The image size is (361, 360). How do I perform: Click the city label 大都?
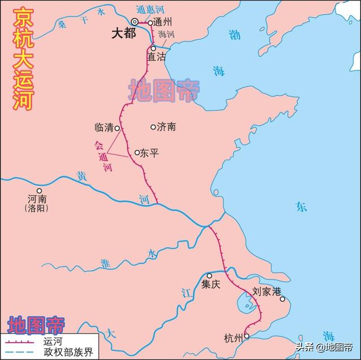[124, 33]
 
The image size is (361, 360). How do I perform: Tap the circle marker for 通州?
[151, 23]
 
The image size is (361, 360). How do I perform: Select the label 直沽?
[157, 57]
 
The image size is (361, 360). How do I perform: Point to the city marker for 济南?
[153, 127]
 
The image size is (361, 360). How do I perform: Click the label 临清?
[104, 128]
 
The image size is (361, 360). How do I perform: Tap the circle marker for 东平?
[137, 152]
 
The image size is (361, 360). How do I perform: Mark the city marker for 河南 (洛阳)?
[39, 190]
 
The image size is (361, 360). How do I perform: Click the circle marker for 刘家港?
[283, 299]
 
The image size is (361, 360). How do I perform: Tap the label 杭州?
[233, 338]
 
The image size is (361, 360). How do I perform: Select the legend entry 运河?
[51, 341]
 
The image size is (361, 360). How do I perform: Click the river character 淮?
[104, 263]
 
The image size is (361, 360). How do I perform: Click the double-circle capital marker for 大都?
[135, 21]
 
